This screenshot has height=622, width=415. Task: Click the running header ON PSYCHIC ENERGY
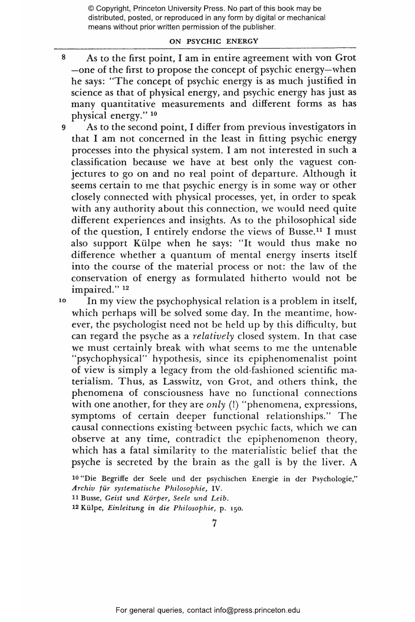[x=214, y=41]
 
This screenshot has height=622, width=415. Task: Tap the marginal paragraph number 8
[x=63, y=57]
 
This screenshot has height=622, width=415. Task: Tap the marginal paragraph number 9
[x=63, y=128]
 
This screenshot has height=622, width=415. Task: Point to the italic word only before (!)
[x=216, y=405]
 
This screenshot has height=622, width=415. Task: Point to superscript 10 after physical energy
[x=154, y=113]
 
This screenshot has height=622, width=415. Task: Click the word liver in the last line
[x=329, y=462]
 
